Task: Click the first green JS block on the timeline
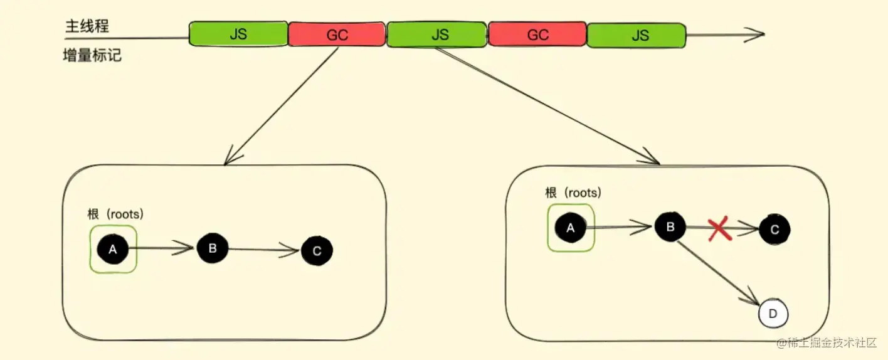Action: pos(238,34)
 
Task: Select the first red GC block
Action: pos(337,35)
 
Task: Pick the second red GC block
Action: pos(537,35)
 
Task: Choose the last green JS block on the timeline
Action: pos(637,35)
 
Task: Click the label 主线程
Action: pos(87,26)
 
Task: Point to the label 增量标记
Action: pos(92,56)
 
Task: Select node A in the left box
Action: pos(113,250)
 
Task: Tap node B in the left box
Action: pos(212,248)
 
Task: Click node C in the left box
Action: pos(317,251)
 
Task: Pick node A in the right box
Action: pos(570,228)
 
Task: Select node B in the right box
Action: pos(670,226)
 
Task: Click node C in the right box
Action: pos(774,230)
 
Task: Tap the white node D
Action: pos(773,314)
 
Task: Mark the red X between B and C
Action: pos(720,230)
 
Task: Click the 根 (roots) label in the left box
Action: pos(115,214)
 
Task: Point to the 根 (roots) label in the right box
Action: pos(573,193)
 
